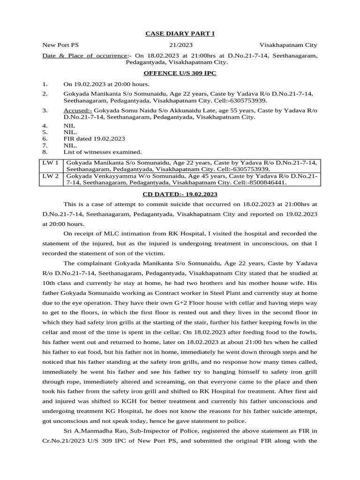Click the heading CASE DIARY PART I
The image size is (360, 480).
[x=180, y=33]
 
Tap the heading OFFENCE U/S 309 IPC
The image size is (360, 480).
[x=180, y=74]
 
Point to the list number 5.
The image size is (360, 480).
[x=45, y=132]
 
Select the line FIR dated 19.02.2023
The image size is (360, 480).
[x=94, y=139]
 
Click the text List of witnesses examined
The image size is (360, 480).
[x=102, y=152]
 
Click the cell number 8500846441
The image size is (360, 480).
[x=268, y=183]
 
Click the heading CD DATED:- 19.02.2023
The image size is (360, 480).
[x=180, y=194]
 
